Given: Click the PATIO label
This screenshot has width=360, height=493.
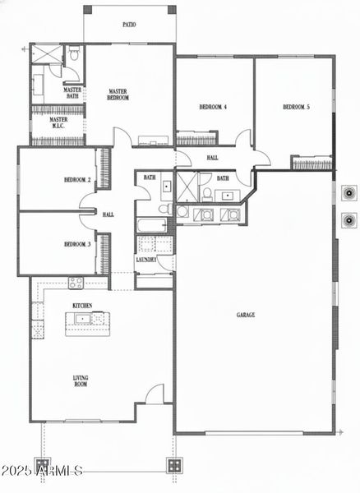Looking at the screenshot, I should click(129, 25).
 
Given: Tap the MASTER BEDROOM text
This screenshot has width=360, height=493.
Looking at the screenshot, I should click(119, 94).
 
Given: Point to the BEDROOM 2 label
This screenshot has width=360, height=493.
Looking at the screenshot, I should click(77, 181).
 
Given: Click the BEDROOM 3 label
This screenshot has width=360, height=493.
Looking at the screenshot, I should click(77, 244).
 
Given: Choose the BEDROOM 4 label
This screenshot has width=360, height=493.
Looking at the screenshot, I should click(213, 108).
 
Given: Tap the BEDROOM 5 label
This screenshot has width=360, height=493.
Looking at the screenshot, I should click(295, 108).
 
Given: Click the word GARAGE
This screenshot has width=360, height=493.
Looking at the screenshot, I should click(246, 315).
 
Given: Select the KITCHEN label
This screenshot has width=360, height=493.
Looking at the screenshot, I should click(82, 306).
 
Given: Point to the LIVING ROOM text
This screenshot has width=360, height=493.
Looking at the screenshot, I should click(81, 381).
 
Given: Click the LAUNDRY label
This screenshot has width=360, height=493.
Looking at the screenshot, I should click(146, 260).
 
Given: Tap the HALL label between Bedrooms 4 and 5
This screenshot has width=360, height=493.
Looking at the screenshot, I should click(212, 157).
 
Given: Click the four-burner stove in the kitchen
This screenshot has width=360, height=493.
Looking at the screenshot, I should click(76, 284).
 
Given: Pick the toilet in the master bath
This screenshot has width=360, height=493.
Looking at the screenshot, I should click(73, 56).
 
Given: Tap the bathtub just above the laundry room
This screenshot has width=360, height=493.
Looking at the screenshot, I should click(153, 225).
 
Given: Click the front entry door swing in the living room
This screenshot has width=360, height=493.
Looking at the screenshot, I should click(155, 394).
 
